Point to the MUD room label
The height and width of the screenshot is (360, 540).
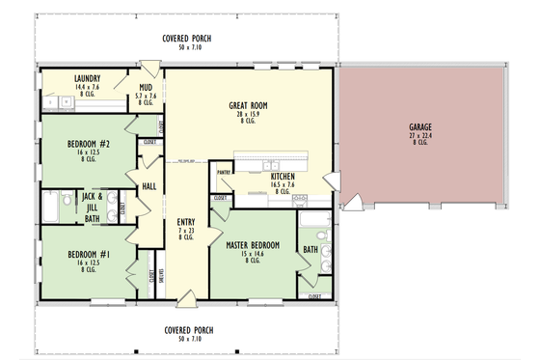145,87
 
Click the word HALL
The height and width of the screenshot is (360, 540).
149,186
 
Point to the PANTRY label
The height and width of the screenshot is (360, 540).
225,174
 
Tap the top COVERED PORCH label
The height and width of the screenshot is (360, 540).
187,39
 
